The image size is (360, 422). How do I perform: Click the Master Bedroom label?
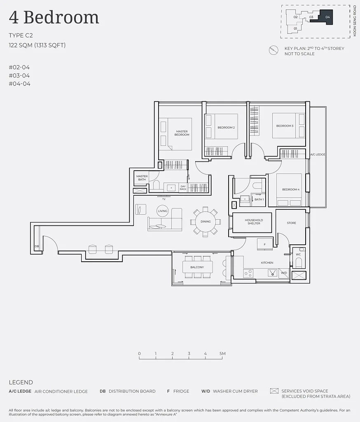(182, 133)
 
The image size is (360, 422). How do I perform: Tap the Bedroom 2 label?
(226, 128)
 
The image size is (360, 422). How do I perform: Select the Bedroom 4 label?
(291, 190)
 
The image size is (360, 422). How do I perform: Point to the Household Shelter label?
(254, 222)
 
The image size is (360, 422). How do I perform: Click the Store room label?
(291, 223)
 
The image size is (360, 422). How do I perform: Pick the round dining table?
(206, 221)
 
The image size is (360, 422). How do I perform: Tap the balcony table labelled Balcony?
(197, 267)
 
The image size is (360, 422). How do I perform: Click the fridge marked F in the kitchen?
(265, 244)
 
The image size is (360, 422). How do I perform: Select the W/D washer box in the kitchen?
(284, 273)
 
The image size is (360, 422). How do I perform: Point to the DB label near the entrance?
(37, 246)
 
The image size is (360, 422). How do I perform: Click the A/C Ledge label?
(318, 155)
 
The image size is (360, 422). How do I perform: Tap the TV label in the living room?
(164, 199)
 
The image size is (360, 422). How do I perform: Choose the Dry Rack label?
(183, 188)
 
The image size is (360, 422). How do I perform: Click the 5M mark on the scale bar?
(222, 354)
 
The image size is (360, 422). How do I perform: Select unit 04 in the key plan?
(326, 17)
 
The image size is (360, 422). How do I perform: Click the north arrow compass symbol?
(274, 50)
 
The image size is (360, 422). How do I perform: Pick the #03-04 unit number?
(19, 76)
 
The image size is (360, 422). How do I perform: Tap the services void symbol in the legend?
(274, 391)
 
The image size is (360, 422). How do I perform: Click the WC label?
(298, 254)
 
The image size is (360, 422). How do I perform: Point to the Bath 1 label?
(259, 199)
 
